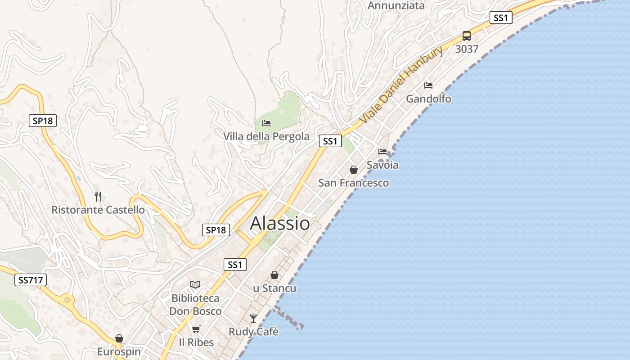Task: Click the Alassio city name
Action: pos(280,223)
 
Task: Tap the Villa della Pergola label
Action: pos(266,136)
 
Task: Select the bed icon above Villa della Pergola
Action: pos(266,123)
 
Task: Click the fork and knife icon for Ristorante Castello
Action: pos(98,196)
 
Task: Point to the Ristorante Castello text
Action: pos(98,210)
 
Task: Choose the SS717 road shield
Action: pos(31,280)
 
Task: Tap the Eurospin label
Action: pos(119,351)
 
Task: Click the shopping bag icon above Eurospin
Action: pos(119,338)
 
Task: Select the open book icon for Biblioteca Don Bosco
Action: pos(195,284)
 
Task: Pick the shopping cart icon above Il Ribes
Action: pos(196,329)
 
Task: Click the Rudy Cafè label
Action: pos(254,332)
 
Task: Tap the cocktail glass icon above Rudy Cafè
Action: pos(253,319)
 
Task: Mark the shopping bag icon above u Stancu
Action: pos(274,275)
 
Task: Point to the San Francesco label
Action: pos(354,183)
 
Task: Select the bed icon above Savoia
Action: pos(382,152)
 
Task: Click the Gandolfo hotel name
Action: pos(428,99)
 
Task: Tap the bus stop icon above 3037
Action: pos(467,36)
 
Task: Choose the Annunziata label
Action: pos(396,5)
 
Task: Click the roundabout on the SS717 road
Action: pos(67,300)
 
